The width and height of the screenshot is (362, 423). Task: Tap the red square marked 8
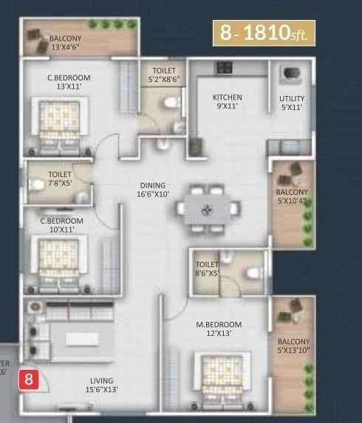tap(29, 381)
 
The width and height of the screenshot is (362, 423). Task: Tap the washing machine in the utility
tap(290, 75)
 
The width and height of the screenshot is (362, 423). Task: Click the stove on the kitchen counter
tap(223, 69)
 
